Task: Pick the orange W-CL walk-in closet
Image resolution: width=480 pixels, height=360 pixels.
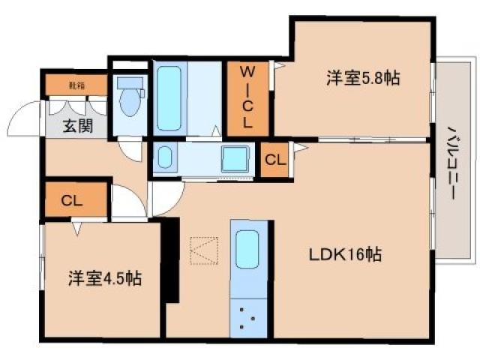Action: coord(247,98)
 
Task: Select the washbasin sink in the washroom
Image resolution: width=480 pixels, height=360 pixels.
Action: coord(165,157)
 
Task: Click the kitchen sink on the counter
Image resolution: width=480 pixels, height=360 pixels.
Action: coord(247,250)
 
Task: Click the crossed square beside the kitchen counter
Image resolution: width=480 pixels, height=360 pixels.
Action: coord(203,250)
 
